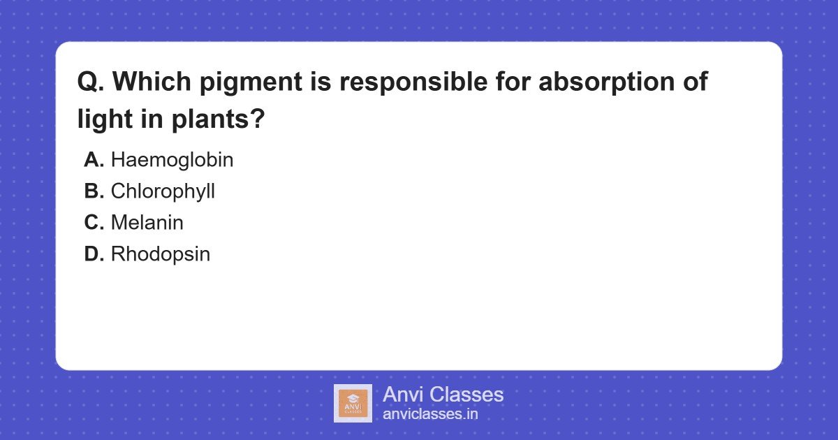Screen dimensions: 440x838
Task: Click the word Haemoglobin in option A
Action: coord(172,160)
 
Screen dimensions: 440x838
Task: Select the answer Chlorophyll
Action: coord(163,191)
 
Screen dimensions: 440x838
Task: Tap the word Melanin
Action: coord(147,223)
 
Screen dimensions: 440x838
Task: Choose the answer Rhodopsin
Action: coord(160,254)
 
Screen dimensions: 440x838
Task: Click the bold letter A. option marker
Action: coord(94,160)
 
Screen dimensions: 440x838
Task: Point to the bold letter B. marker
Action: coord(94,191)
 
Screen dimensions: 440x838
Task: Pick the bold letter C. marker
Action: coord(94,223)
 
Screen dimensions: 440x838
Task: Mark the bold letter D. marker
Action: coord(94,254)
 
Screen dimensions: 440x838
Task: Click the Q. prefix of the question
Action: coord(91,82)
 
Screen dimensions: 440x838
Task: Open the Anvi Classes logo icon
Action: coord(353,403)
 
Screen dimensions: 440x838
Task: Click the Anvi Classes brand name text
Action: coord(443,395)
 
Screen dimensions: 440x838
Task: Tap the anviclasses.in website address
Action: coord(430,414)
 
